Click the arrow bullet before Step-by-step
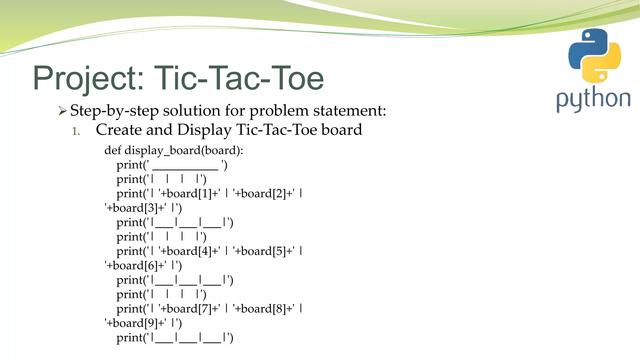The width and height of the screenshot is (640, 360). pyautogui.click(x=62, y=111)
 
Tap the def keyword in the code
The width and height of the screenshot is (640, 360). pyautogui.click(x=112, y=150)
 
